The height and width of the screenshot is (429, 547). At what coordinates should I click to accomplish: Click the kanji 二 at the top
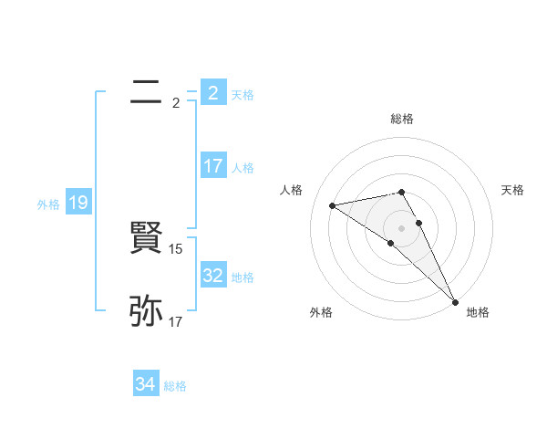[x=146, y=92]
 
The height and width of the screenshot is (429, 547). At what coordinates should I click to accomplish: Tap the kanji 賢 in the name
[x=146, y=238]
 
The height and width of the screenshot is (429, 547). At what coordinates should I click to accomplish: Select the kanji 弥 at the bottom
[x=146, y=311]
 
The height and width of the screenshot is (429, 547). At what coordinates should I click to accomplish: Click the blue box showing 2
[x=212, y=92]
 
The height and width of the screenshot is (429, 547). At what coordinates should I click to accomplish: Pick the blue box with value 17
[x=212, y=166]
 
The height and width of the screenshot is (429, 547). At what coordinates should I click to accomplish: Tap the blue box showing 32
[x=212, y=276]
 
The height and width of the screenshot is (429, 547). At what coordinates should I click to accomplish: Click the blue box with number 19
[x=78, y=203]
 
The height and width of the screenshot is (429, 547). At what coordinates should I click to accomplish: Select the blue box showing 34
[x=146, y=384]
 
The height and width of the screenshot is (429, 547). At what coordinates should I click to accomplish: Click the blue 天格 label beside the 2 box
[x=243, y=95]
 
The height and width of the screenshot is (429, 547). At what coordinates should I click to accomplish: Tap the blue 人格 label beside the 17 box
[x=243, y=168]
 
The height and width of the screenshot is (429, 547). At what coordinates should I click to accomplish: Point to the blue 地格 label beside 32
[x=243, y=277]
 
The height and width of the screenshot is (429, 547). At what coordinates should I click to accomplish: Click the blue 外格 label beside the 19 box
[x=48, y=204]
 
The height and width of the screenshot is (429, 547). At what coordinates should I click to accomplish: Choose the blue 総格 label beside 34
[x=175, y=386]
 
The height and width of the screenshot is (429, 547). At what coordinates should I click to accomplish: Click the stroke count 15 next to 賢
[x=177, y=248]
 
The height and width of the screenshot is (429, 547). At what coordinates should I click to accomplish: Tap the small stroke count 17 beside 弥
[x=176, y=321]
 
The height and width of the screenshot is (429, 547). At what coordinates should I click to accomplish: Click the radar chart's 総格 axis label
[x=402, y=119]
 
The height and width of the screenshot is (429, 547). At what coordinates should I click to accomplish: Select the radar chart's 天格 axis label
[x=513, y=190]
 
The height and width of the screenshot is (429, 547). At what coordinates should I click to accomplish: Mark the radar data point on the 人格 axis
[x=332, y=205]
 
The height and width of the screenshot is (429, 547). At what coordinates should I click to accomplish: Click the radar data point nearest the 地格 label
[x=454, y=302]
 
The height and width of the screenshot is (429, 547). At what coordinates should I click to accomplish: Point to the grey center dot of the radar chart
[x=402, y=227]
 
